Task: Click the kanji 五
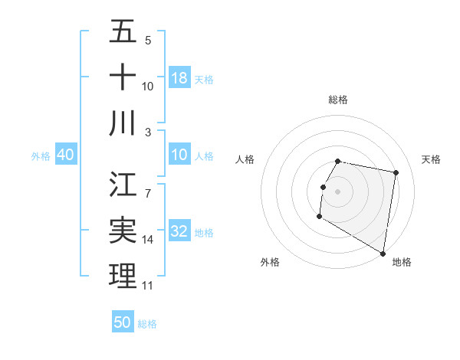(x=123, y=32)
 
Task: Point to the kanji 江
(x=123, y=185)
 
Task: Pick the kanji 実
(x=123, y=231)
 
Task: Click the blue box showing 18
(x=179, y=78)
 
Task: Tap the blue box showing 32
(x=179, y=232)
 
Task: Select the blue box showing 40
(x=65, y=155)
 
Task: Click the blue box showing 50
(x=123, y=322)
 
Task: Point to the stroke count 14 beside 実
(x=148, y=240)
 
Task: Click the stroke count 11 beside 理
(x=148, y=286)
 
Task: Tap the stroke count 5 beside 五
(x=148, y=41)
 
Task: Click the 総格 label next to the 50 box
(x=148, y=324)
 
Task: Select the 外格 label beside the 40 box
(x=41, y=156)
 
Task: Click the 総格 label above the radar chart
(x=338, y=100)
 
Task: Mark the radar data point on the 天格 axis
(x=396, y=173)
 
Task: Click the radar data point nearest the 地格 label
(x=383, y=254)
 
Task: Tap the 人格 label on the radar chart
(x=245, y=159)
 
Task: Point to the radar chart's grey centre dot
(x=337, y=191)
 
